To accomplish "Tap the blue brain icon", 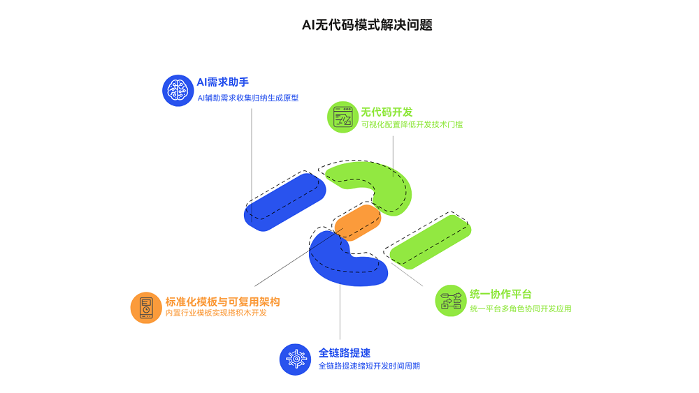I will coord(178,91).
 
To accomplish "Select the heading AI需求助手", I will coord(223,82).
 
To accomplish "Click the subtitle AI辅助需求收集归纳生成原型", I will coord(247,98).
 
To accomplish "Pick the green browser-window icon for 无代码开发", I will coord(343,117).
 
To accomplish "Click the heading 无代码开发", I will coord(387,112).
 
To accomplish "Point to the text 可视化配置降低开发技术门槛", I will coord(412,125).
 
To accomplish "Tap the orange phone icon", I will coord(146,307).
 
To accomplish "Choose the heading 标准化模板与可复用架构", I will coord(222,302).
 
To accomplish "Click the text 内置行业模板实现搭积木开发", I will coord(215,313).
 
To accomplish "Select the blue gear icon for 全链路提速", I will coord(294,359).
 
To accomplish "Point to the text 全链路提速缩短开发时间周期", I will coord(368,366).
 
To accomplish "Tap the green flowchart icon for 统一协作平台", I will coord(450,301).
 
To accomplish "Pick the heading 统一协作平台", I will coord(500,295).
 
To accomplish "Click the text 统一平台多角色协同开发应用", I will coord(520,308).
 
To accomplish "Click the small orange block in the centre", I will coord(356,221).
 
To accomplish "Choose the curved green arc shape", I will coord(381,185).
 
